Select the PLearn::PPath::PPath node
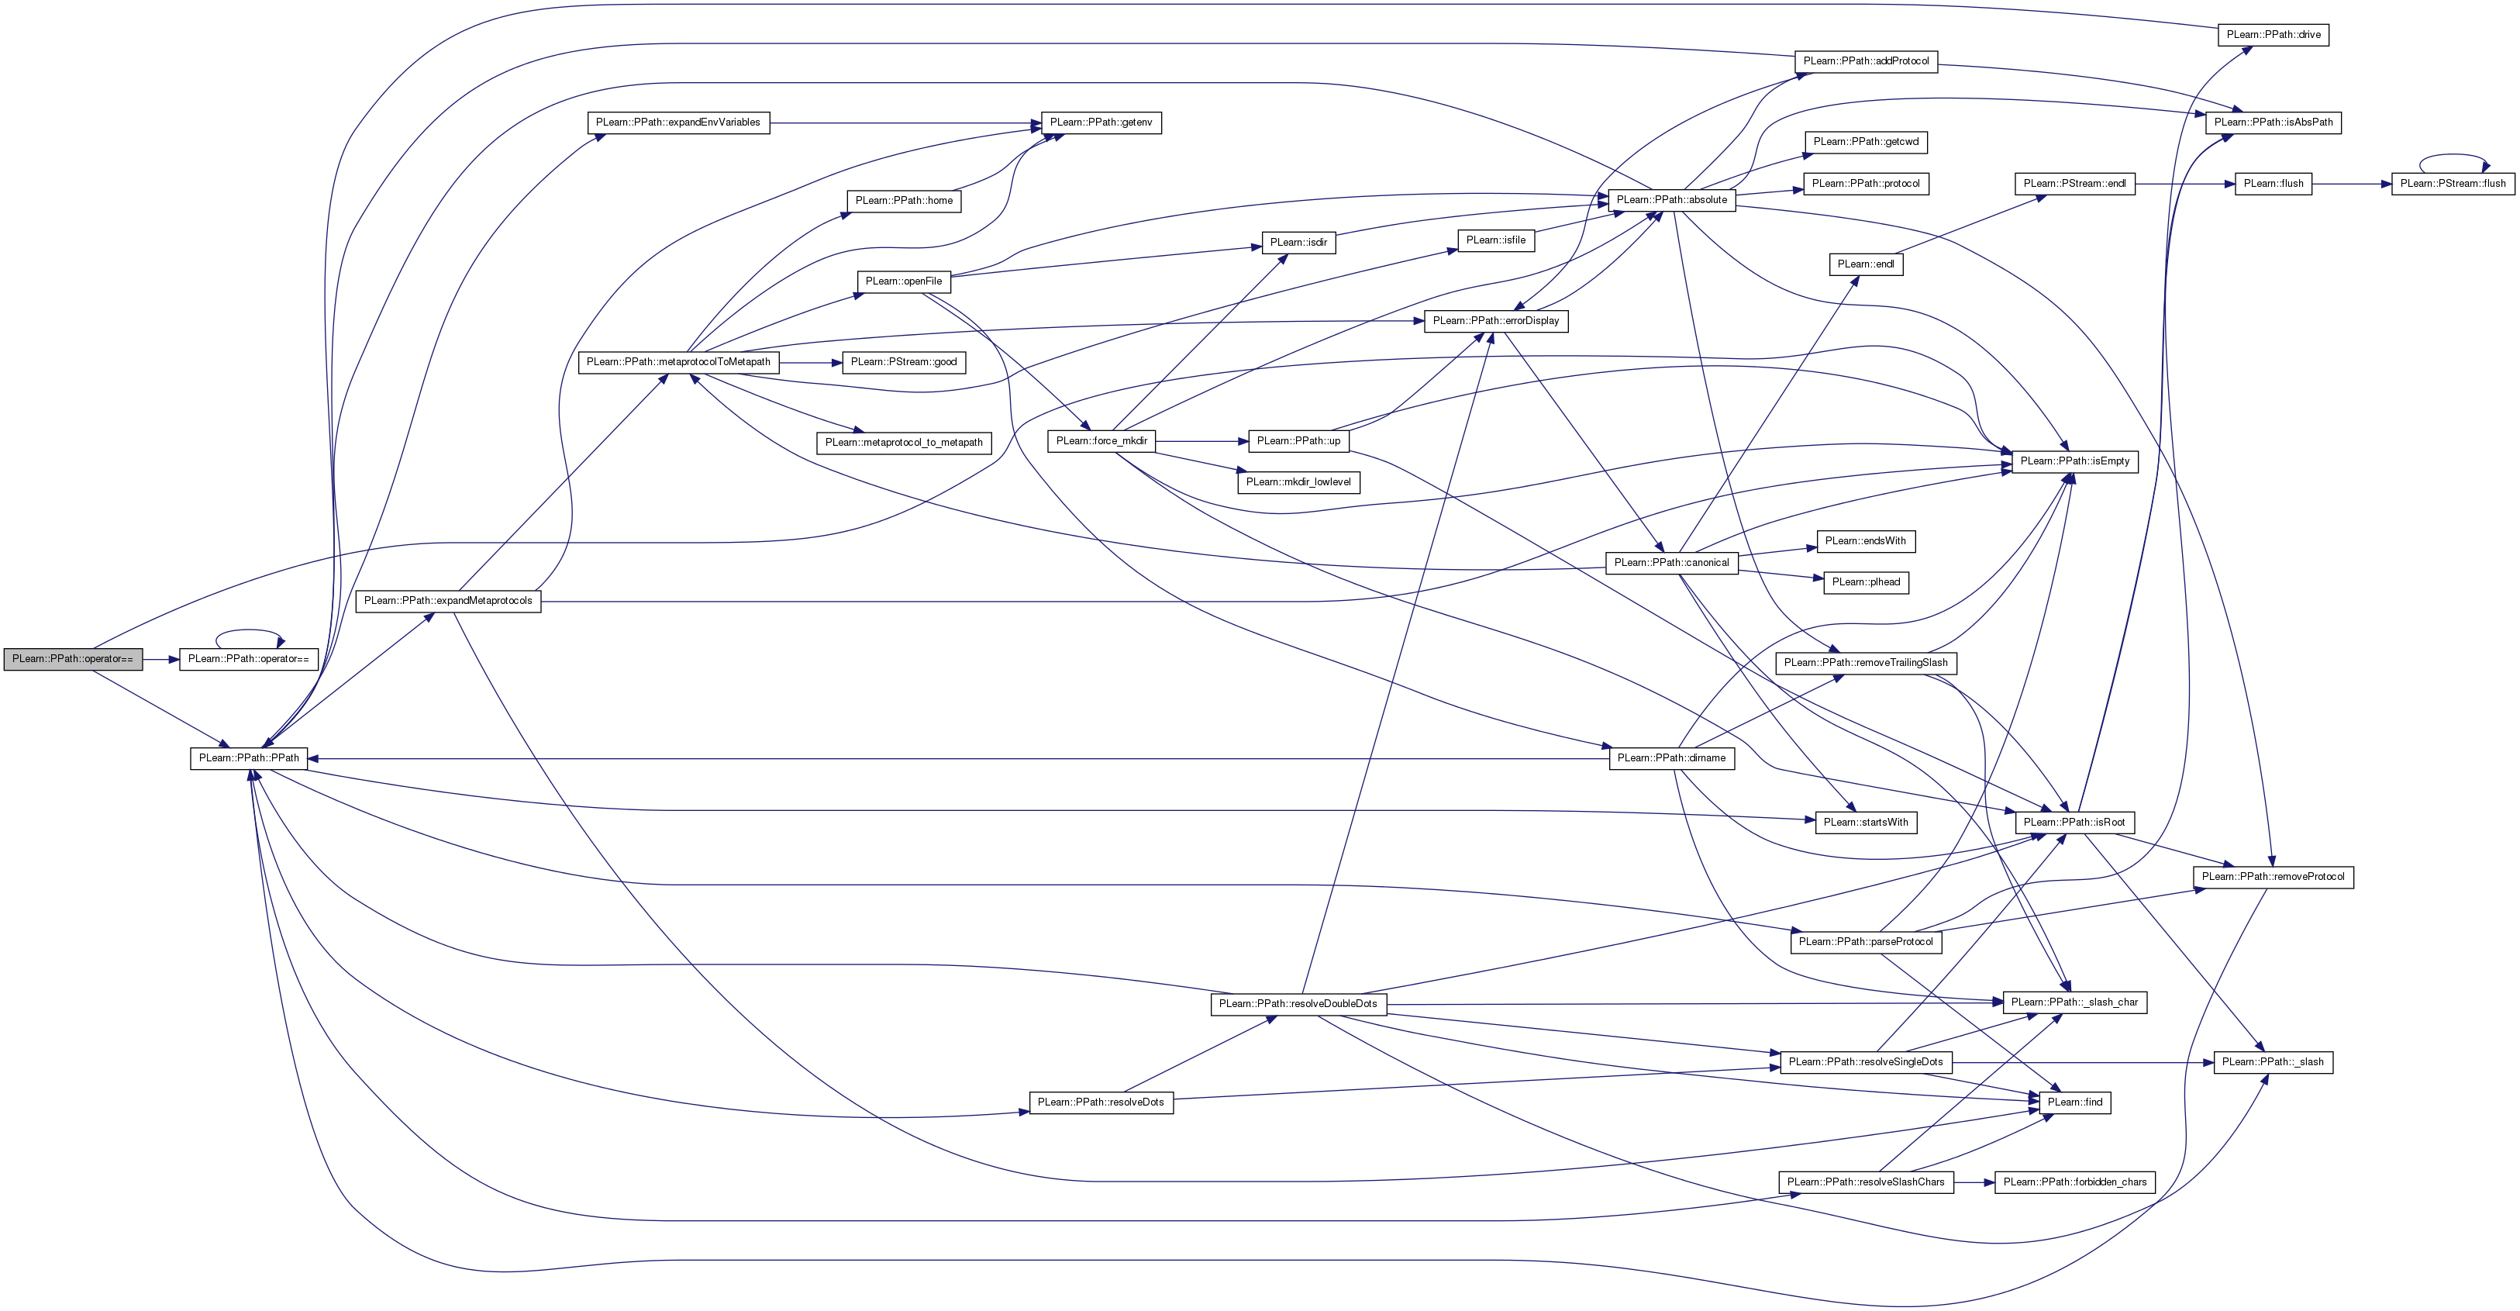click(x=249, y=758)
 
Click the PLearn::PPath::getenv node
click(x=1101, y=123)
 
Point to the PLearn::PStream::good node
click(x=904, y=362)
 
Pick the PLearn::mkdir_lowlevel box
click(x=1298, y=482)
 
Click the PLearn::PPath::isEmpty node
click(x=2074, y=461)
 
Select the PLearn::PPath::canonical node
click(x=1671, y=563)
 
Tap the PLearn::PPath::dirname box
click(x=1671, y=758)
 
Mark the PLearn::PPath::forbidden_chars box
click(x=2074, y=1182)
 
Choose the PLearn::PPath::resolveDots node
click(x=1101, y=1102)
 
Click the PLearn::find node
click(x=2074, y=1102)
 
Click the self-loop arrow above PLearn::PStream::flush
click(x=2453, y=156)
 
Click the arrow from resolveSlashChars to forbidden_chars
click(x=1974, y=1182)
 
